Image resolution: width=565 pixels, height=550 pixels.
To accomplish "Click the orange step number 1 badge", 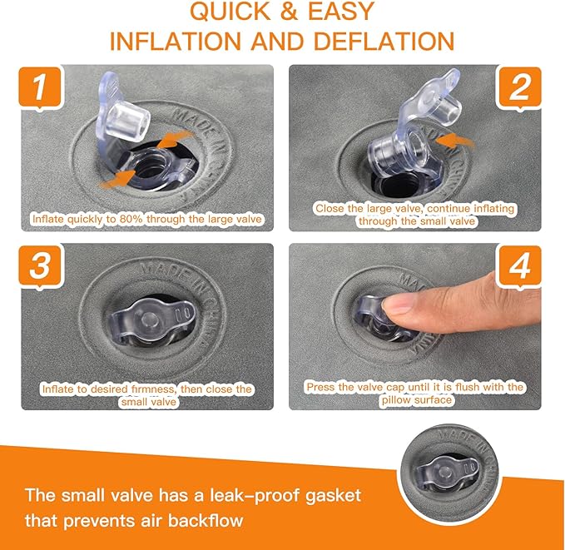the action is pyautogui.click(x=40, y=88).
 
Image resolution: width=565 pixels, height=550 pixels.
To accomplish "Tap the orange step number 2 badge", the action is pyautogui.click(x=519, y=88).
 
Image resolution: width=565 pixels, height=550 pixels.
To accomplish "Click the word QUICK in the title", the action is pyautogui.click(x=230, y=11).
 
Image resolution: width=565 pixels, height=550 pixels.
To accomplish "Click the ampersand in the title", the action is pyautogui.click(x=289, y=11).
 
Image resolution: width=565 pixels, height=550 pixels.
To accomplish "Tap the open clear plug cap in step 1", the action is pyautogui.click(x=124, y=115).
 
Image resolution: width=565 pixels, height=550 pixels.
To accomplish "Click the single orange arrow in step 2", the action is pyautogui.click(x=455, y=142).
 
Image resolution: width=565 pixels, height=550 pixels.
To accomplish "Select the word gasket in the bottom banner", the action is pyautogui.click(x=334, y=496).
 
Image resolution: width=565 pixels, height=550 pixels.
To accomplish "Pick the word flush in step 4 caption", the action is pyautogui.click(x=468, y=387).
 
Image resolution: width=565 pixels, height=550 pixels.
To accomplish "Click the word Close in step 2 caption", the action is pyautogui.click(x=327, y=208).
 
